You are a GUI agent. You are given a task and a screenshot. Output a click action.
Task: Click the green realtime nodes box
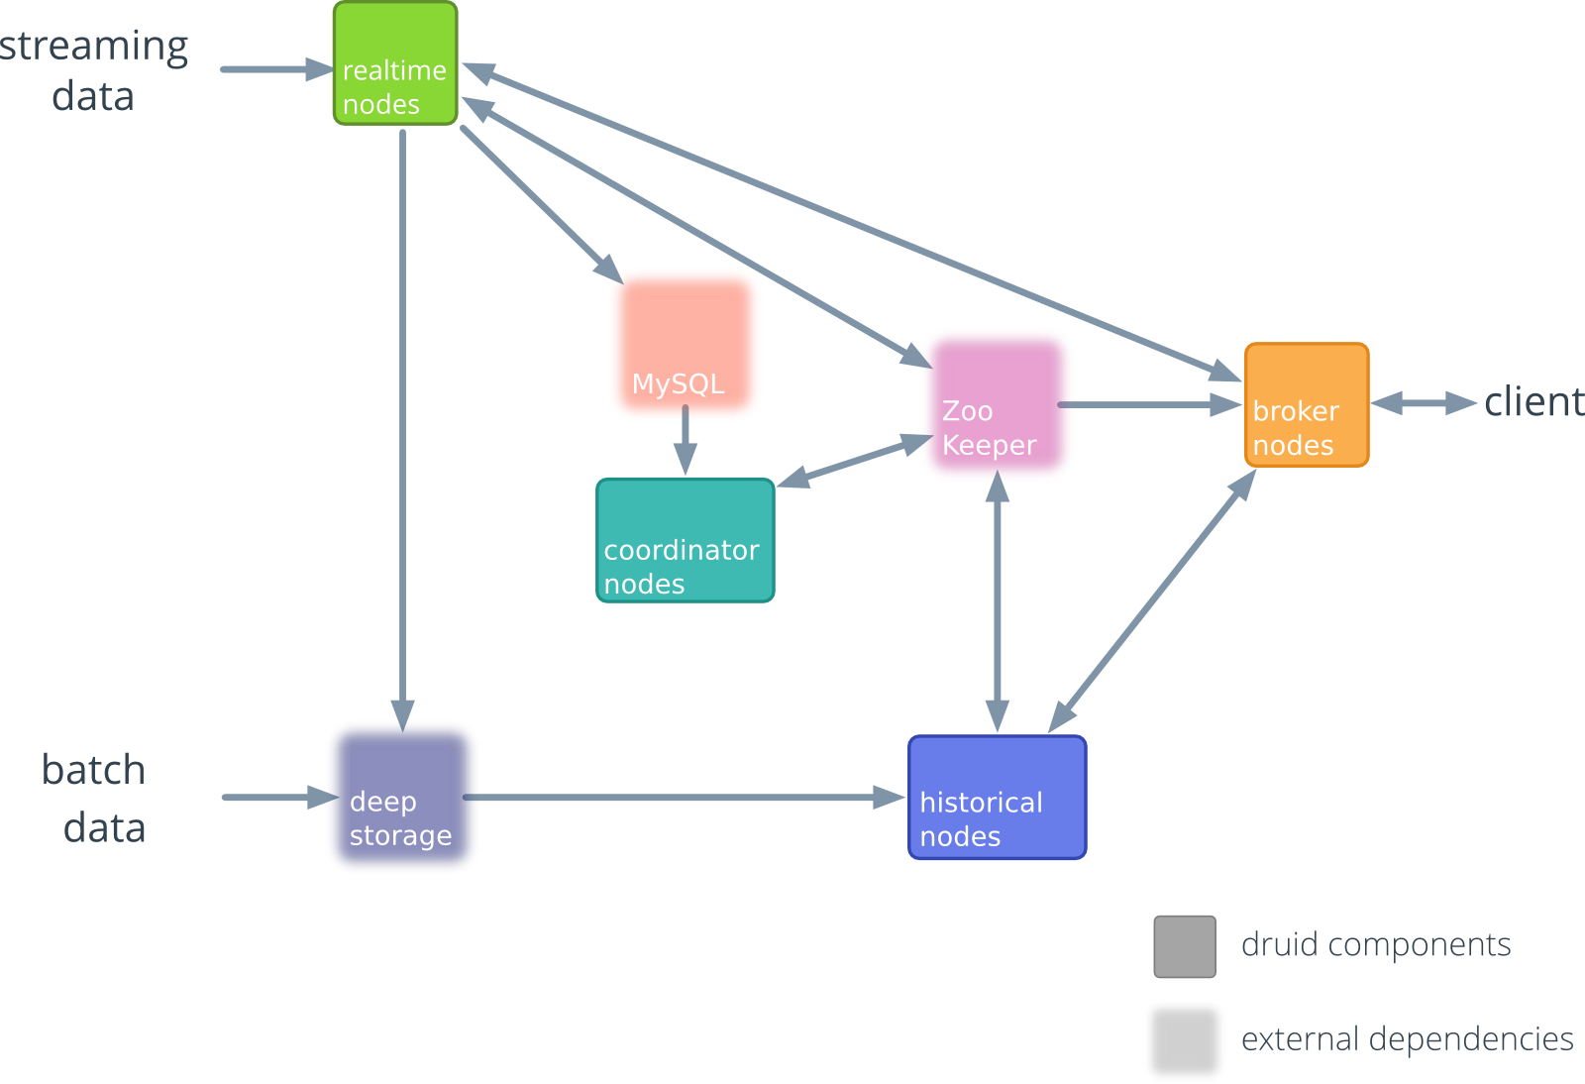(395, 63)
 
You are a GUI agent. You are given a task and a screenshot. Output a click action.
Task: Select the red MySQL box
(685, 344)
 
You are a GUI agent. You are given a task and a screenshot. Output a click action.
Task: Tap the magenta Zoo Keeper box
(997, 404)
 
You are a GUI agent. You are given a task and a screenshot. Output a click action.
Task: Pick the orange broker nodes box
(1306, 404)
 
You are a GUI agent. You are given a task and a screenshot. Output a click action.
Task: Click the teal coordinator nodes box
(685, 540)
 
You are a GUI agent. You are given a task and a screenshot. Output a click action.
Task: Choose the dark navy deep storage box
(402, 797)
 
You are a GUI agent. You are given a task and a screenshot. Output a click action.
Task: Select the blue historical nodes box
(997, 797)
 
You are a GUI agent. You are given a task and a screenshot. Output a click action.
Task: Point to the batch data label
(95, 799)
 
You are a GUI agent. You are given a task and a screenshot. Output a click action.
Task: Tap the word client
(1533, 402)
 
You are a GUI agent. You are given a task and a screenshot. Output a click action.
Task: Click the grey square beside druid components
(1184, 946)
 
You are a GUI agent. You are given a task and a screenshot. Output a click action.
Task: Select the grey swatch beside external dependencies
(1184, 1040)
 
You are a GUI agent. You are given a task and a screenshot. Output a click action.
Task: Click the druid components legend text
(1375, 945)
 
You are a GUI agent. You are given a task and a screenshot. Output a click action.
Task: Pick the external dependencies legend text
(1407, 1039)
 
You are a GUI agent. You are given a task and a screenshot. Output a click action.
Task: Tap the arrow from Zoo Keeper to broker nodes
(1149, 404)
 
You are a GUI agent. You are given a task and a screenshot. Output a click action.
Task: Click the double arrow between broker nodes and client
(1424, 402)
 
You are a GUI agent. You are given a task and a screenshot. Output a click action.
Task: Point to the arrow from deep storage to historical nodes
(684, 797)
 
